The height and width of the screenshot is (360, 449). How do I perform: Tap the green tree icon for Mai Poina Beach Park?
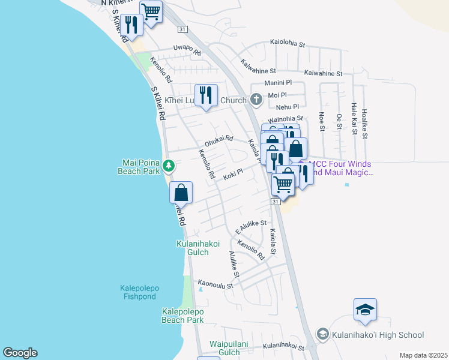point(170,165)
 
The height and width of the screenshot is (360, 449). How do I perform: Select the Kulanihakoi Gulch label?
point(192,248)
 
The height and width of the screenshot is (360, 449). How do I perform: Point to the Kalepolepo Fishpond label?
point(138,292)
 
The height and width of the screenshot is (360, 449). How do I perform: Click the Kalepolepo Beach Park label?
point(182,316)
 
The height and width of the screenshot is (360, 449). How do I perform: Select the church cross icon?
point(256,99)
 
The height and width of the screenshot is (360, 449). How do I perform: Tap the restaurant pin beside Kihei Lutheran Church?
point(206,95)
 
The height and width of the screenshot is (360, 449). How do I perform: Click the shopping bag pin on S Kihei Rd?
point(181,193)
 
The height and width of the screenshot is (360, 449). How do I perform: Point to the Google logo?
point(20,353)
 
